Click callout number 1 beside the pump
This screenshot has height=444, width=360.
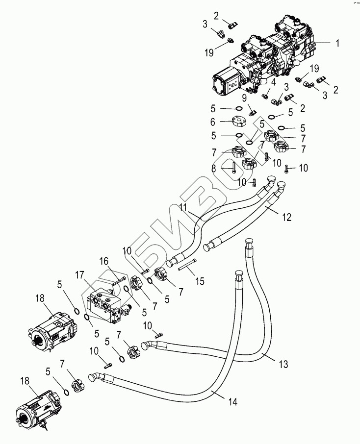[337, 43]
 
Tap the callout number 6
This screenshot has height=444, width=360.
[213, 121]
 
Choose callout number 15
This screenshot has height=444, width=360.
[200, 281]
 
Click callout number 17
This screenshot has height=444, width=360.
[79, 275]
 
